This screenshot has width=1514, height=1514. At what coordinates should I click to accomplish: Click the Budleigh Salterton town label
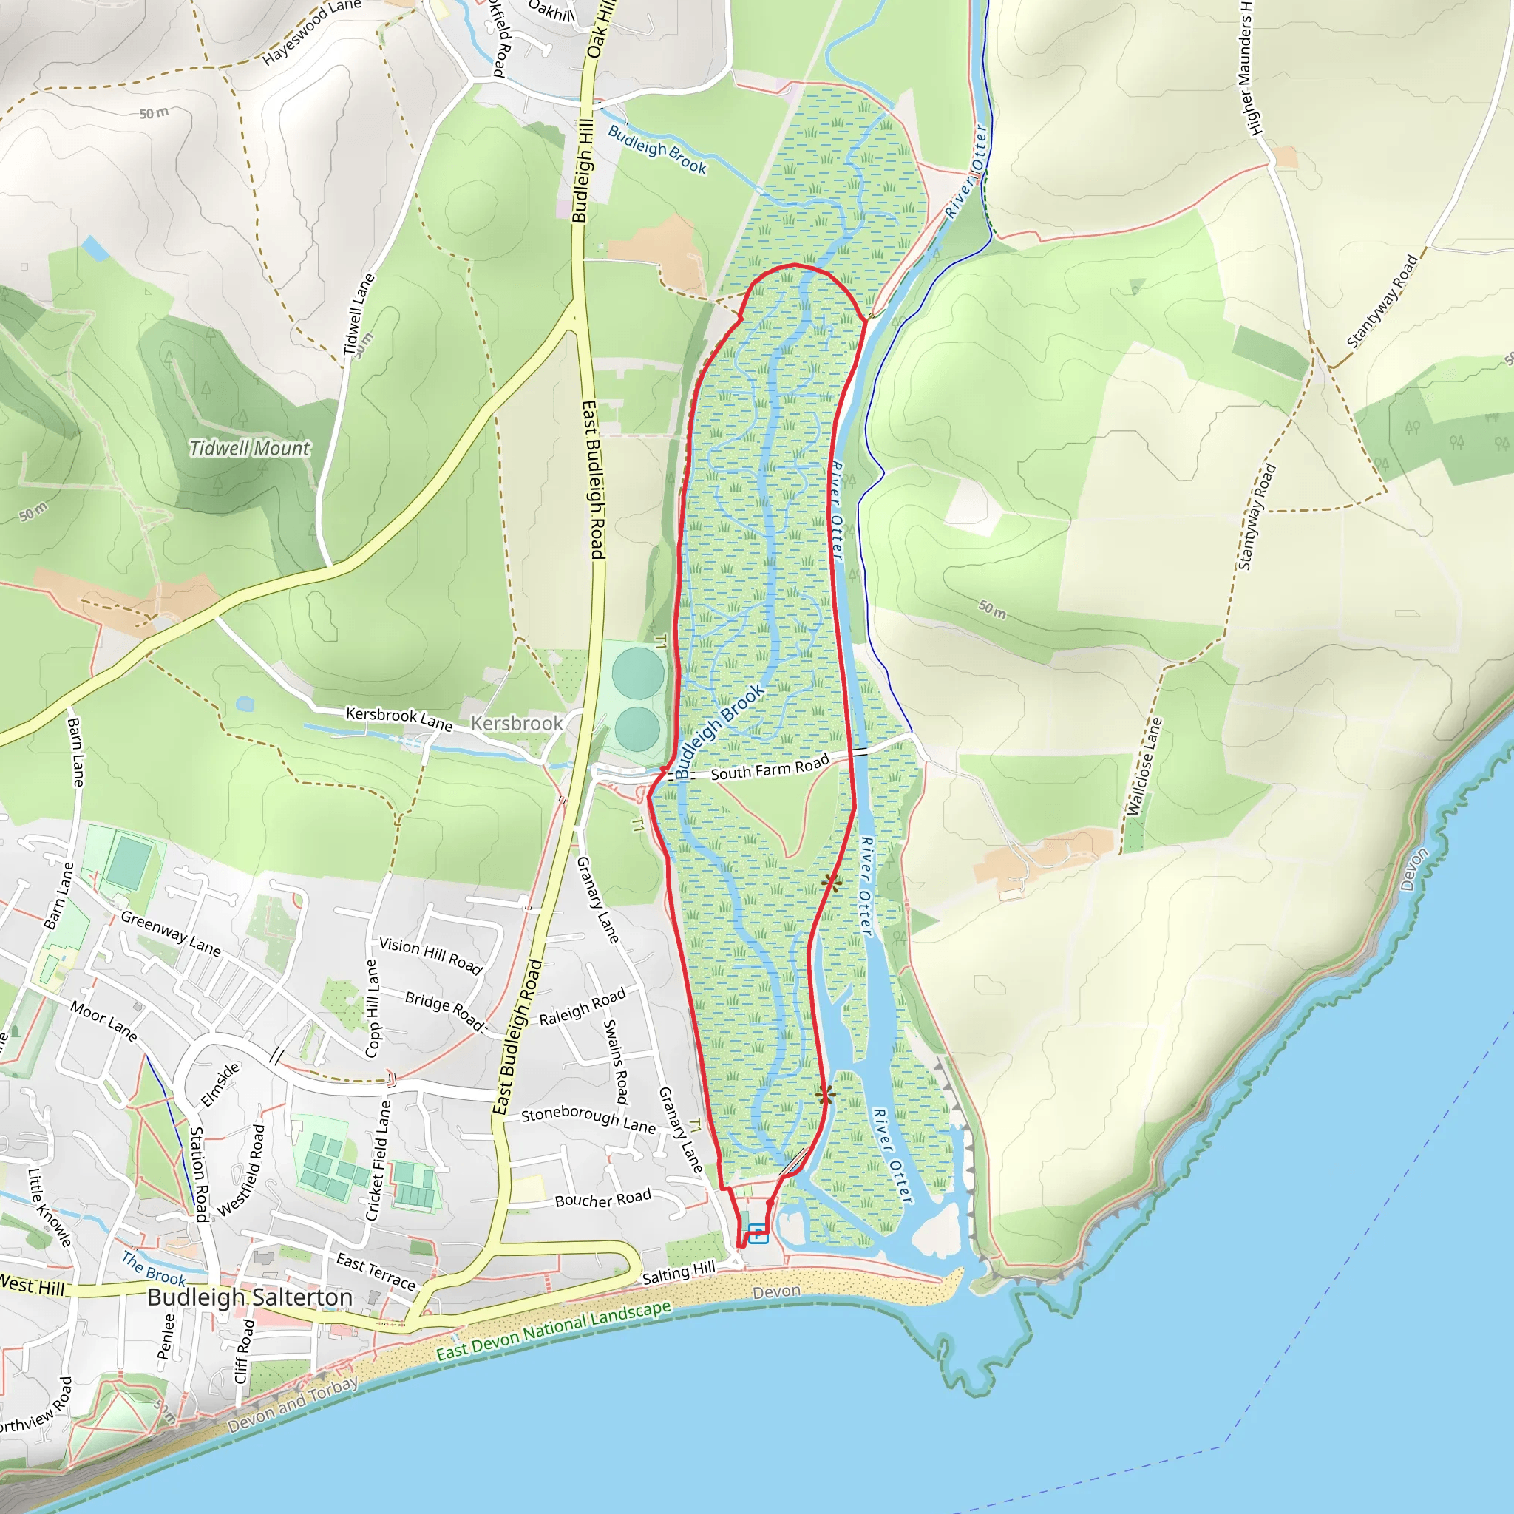[x=250, y=1297]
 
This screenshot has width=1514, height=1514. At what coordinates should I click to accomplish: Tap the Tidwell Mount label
[x=250, y=448]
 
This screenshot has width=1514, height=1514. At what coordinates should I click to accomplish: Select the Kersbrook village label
[x=517, y=723]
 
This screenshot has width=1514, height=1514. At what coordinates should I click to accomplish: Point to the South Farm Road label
[x=770, y=768]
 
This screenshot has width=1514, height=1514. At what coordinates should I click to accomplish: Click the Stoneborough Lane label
[x=588, y=1120]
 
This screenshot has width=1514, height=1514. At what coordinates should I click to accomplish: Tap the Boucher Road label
[x=602, y=1199]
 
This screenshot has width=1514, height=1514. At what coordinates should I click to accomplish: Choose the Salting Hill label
[x=679, y=1274]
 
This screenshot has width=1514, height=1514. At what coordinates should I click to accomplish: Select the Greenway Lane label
[x=171, y=932]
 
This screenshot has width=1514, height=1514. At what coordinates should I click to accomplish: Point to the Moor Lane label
[x=103, y=1021]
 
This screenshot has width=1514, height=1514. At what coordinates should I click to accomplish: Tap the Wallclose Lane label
[x=1144, y=767]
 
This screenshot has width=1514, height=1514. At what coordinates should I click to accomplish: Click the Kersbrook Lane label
[x=399, y=718]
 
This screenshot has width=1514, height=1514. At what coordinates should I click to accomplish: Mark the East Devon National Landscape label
[x=553, y=1330]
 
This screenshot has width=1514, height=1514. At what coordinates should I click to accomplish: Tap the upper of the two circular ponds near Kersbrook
[x=638, y=674]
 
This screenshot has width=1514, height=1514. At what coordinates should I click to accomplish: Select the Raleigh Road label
[x=583, y=1006]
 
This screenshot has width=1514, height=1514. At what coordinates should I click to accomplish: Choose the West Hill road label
[x=31, y=1286]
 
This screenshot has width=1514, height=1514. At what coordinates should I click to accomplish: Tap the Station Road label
[x=199, y=1174]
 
